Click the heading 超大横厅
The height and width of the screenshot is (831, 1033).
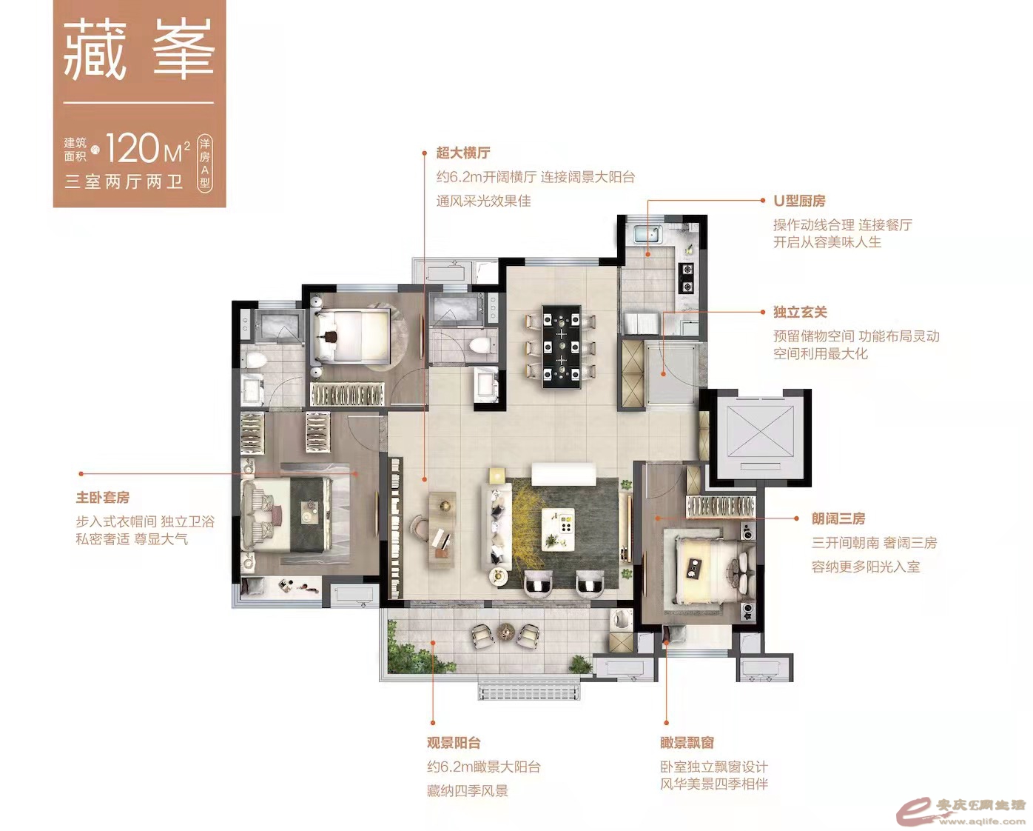coord(462,153)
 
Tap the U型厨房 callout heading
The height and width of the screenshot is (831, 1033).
coord(798,201)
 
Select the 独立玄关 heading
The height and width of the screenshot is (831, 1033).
coord(800,312)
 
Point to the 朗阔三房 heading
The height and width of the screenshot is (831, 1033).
coord(838,518)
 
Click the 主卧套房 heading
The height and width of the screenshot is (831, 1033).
coord(103,497)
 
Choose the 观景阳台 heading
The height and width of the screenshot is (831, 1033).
coord(454,743)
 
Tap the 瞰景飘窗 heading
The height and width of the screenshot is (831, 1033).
coord(687,743)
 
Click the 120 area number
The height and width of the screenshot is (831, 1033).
coord(132,149)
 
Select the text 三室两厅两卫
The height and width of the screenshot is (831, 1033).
coord(124,182)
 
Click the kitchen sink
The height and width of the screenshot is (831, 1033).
coord(648,235)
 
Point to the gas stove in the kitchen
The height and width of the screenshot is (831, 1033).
coord(687,278)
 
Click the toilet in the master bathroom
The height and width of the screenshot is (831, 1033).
coord(254,361)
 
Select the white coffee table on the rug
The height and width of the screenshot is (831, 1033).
coord(558,529)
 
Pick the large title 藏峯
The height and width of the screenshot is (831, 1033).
coord(138,50)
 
